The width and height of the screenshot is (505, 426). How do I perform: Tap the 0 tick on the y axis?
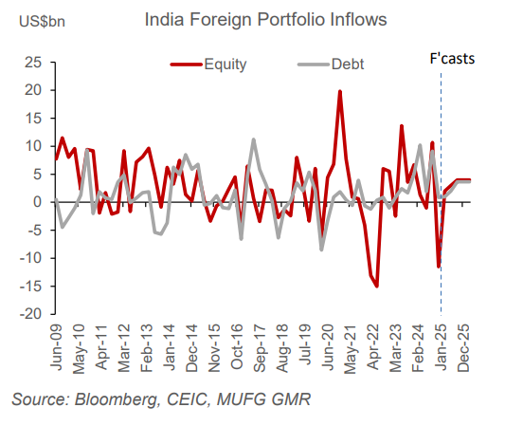[37, 202]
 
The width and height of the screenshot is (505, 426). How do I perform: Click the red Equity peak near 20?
[339, 91]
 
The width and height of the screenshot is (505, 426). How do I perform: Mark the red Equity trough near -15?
[377, 286]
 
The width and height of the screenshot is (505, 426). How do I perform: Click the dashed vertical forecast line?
[442, 237]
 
